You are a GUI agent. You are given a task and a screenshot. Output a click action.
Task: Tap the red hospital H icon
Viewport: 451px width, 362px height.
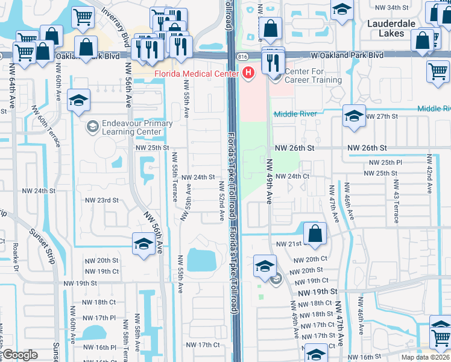coord(248,74)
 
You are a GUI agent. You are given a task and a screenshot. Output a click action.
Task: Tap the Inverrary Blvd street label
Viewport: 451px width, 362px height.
coord(117,23)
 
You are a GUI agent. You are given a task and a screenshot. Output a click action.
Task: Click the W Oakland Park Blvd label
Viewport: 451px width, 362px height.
coord(347,55)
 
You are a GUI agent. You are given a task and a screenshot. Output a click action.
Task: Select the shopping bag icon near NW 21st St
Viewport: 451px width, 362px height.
coord(315,234)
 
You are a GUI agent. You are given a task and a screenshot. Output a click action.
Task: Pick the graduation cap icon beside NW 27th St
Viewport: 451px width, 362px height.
coord(353,116)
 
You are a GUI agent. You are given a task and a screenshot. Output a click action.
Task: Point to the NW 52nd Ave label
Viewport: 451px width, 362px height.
coord(221,200)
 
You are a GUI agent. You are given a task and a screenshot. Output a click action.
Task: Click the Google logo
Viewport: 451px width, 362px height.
coord(20,355)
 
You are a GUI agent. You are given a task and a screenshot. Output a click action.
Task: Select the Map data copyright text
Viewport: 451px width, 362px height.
coord(426,357)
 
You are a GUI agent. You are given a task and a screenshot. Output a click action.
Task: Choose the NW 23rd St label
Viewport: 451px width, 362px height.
coord(101,200)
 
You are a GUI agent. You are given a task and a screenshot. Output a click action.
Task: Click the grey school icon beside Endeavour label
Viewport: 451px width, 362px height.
coord(92,126)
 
